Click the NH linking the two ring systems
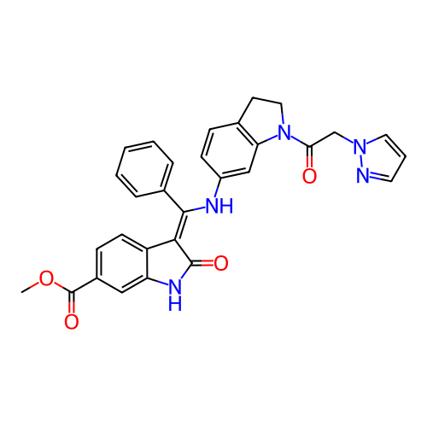click(219, 206)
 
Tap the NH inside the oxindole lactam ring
click(175, 295)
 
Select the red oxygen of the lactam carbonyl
click(221, 263)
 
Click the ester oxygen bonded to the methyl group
click(46, 278)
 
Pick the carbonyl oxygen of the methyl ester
click(71, 321)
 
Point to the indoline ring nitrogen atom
click(284, 132)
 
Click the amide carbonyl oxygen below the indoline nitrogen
click(309, 176)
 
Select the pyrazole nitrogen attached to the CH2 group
click(360, 146)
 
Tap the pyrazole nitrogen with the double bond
click(363, 175)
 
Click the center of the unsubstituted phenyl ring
click(144, 169)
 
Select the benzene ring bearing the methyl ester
click(122, 264)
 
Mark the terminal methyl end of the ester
click(21, 292)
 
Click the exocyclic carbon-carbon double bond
click(179, 226)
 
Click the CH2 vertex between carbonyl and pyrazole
click(335, 132)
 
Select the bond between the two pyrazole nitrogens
click(361, 161)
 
